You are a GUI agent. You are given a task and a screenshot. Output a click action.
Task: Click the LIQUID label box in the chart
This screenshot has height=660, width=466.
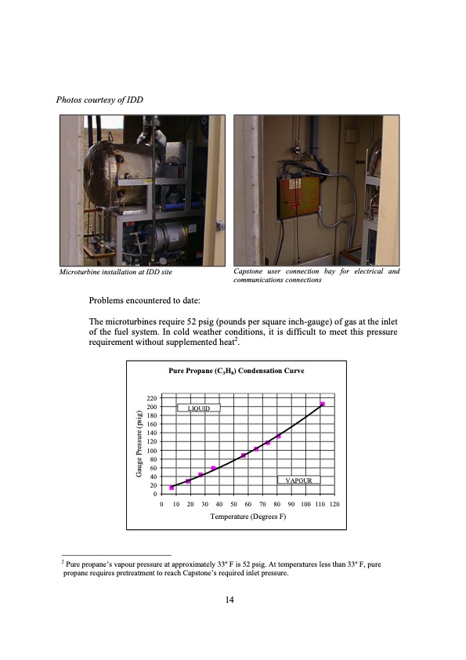point(198,408)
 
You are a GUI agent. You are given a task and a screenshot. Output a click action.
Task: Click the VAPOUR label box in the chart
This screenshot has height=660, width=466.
point(298,480)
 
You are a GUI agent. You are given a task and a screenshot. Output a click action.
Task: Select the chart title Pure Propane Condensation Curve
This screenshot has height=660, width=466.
point(236,371)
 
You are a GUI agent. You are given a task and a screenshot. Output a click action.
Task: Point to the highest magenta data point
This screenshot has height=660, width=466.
point(323,404)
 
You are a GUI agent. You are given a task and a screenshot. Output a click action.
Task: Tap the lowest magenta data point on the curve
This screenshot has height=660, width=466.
point(172,488)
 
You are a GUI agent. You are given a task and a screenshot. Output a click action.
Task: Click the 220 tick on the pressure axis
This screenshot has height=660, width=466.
point(151,398)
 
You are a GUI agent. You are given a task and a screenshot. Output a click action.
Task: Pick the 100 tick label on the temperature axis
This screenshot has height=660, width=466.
point(305,504)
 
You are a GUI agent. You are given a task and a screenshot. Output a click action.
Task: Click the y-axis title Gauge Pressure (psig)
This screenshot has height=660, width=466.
point(139,444)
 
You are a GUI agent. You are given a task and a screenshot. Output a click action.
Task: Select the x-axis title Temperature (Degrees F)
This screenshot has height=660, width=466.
point(248,517)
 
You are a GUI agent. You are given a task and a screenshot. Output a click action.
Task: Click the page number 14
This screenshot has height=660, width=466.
point(229,600)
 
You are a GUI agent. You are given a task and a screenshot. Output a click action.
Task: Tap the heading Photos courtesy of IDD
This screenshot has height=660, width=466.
point(99,100)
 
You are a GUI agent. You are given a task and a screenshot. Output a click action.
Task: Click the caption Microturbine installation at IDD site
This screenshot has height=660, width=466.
point(116,272)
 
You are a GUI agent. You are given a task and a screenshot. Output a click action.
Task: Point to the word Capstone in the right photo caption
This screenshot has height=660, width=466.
point(247,271)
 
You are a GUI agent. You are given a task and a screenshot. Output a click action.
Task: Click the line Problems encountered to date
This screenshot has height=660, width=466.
point(145,300)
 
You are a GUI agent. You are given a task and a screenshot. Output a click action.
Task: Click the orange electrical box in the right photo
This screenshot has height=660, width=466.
point(298,198)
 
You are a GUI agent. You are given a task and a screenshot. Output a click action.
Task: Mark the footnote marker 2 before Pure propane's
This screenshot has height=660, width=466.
point(63,561)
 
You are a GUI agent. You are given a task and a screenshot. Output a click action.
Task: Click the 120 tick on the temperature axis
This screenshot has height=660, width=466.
point(334,504)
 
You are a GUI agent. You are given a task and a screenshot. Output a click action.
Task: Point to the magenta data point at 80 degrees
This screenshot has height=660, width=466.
point(278,436)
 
